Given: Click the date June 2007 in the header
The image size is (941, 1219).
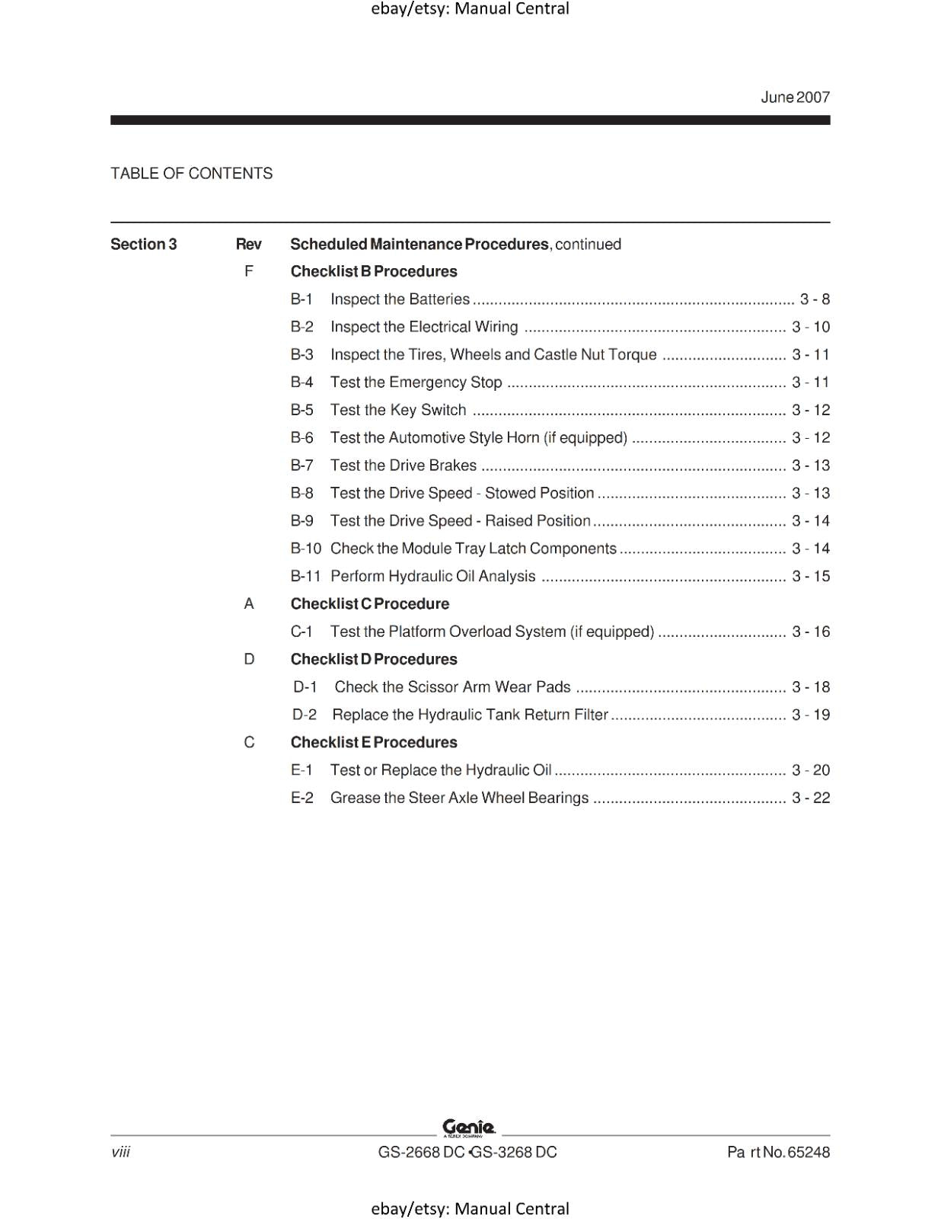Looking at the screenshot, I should pos(795,98).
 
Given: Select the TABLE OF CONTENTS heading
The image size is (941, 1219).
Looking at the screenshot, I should pos(191,174).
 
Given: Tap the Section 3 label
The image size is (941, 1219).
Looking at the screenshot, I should pos(143,245).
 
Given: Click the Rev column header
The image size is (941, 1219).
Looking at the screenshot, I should pos(248,245).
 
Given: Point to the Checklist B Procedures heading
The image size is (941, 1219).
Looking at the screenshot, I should pos(374,272).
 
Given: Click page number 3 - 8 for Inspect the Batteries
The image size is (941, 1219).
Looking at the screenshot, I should pos(815,299).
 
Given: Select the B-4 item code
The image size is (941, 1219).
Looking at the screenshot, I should pos(301,382).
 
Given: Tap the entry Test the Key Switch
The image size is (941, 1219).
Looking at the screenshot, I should pos(398,410).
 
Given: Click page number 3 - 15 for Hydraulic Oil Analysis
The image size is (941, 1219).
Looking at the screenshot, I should pos(811,577).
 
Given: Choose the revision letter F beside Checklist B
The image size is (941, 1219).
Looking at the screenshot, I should pos(248,272).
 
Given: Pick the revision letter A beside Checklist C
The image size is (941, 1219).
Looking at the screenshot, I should pos(248,604).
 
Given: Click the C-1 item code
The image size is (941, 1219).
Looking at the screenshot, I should pos(301,632).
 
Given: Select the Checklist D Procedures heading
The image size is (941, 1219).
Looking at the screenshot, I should pos(374,660).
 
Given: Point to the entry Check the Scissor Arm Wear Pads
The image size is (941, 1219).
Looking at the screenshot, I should pos(452,687).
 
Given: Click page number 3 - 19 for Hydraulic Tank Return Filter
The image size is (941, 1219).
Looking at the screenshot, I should pos(811,715).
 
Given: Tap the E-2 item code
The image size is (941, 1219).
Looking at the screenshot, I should pos(302,798).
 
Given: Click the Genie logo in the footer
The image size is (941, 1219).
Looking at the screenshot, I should pos(469,1128).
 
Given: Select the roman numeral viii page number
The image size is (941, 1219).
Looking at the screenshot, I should pos(120,1152).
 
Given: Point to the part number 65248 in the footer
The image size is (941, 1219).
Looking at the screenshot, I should pos(808,1153).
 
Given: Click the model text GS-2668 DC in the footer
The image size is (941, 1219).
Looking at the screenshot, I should pos(421,1153).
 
